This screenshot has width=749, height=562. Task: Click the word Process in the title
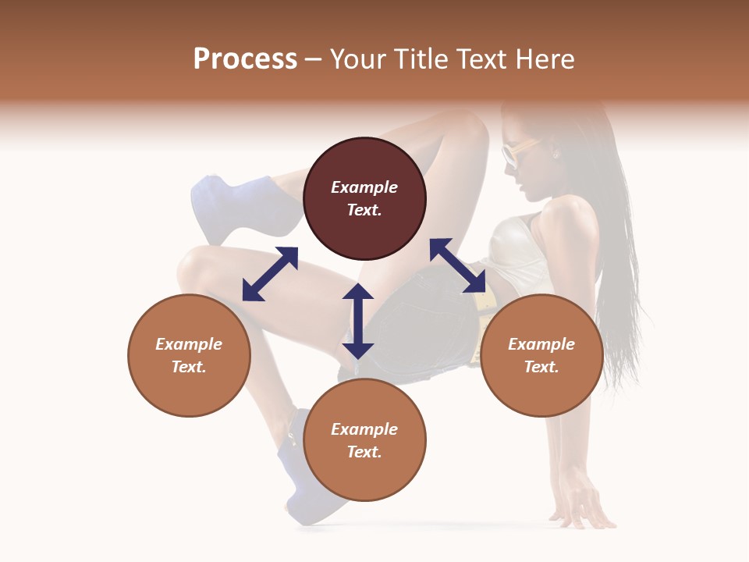(245, 59)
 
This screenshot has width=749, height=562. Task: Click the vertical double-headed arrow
(358, 321)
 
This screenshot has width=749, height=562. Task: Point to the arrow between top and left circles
(270, 274)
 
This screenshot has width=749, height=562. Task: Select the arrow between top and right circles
(457, 265)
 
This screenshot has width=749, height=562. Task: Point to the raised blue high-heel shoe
(234, 207)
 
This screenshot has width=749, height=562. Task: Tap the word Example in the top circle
(364, 187)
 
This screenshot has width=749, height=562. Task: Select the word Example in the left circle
(189, 344)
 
